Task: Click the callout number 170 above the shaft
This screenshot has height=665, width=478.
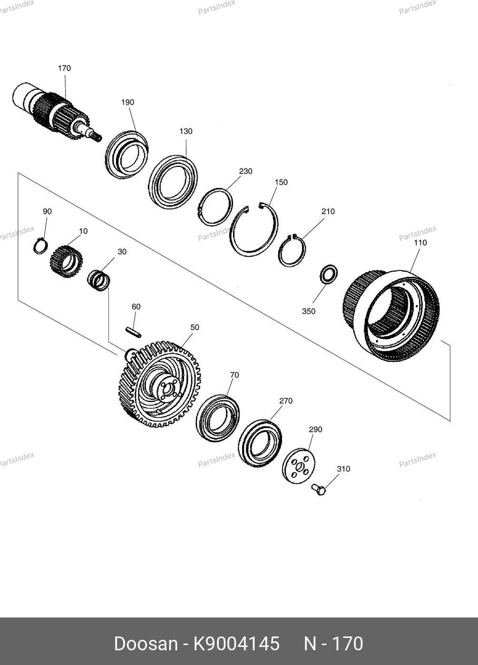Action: coord(64,68)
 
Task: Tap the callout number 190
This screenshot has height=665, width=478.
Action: coord(127,103)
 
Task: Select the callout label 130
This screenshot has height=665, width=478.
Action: coord(186,131)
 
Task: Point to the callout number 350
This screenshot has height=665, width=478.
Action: coord(309,312)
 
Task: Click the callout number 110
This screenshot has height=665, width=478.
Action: coord(420,243)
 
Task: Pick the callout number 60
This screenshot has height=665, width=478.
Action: coord(136,307)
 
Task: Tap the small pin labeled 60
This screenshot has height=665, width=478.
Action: coord(133,332)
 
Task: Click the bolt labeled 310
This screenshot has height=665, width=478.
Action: coord(319,489)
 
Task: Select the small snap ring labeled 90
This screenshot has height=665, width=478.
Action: coord(40,246)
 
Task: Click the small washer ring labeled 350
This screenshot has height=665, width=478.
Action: coord(329,275)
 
